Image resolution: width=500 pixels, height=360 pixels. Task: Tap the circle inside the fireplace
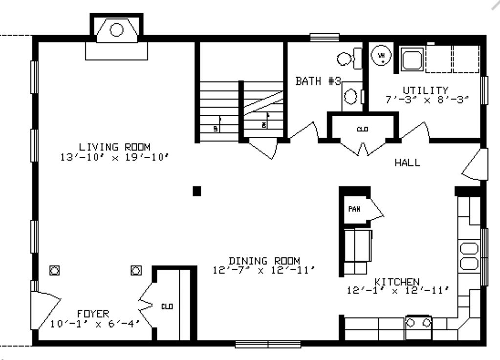(116, 30)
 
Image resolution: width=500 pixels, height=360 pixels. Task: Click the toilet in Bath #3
(348, 59)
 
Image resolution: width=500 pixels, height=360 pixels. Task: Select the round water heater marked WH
(382, 56)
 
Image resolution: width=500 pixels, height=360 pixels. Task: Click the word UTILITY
(418, 90)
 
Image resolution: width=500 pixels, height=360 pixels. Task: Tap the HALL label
(407, 163)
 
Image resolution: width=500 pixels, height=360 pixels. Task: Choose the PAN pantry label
(354, 209)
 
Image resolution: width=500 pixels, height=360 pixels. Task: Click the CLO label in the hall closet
(362, 129)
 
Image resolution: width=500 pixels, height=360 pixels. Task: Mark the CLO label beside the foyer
(167, 307)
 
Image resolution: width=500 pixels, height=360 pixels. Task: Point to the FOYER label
(93, 313)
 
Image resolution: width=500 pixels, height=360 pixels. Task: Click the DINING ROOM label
(264, 261)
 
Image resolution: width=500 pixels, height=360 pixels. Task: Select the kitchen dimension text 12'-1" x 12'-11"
(397, 290)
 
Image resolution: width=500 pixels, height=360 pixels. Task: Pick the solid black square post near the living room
(196, 191)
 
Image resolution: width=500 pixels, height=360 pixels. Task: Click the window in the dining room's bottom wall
(267, 344)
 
